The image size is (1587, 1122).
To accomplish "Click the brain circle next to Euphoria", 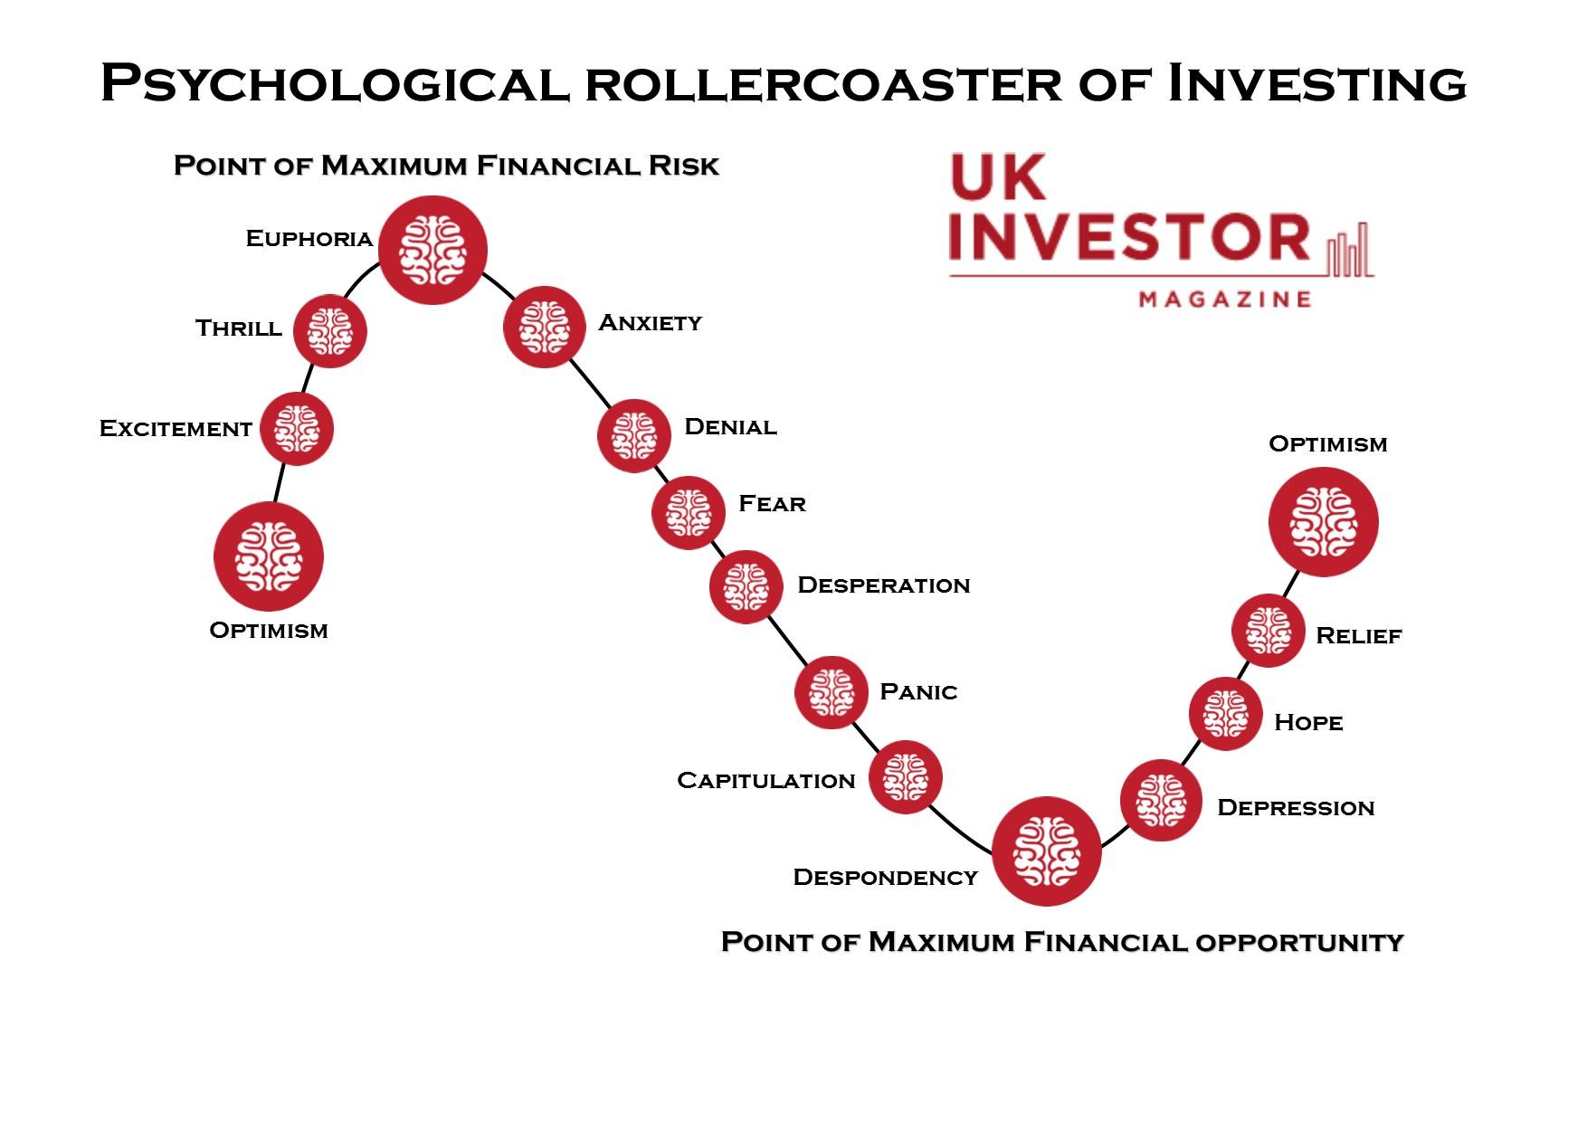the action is coord(432,250).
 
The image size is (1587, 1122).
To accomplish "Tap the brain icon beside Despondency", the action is coord(1046,851).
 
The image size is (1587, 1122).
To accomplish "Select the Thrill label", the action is coord(239,328).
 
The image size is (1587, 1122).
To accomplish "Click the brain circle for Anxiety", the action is coord(544,327).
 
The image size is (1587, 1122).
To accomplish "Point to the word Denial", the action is coord(730,427).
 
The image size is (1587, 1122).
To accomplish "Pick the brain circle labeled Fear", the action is coord(689,512).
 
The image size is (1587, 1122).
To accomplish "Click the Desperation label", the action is coord(884,585).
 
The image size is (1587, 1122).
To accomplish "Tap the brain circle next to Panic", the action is coord(832,692).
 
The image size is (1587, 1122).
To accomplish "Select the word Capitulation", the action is coord(766,781).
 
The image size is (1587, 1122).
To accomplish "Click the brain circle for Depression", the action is coord(1161,801).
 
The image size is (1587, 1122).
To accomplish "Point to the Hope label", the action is coord(1308,722).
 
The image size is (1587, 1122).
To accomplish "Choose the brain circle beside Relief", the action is coord(1269,631).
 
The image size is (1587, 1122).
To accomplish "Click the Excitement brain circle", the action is coord(297,429).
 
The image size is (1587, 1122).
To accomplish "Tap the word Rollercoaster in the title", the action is coord(822,82).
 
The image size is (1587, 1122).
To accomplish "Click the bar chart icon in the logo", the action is coord(1350,249).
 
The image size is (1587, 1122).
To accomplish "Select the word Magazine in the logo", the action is coord(1225,299).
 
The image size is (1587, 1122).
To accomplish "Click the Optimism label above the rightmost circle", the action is coord(1328,444).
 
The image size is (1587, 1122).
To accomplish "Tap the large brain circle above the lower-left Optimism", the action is coord(269,556).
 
